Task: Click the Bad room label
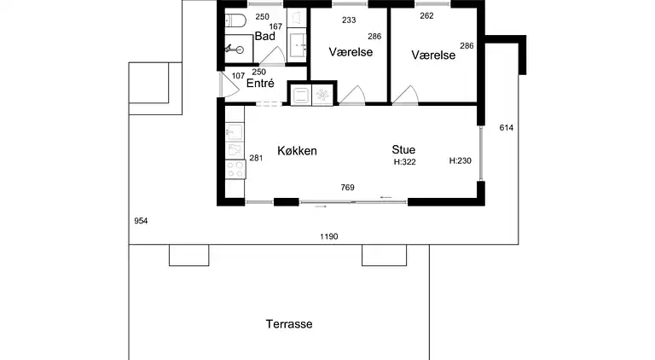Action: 264,36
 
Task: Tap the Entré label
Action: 260,84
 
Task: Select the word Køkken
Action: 297,151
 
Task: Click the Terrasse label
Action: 288,324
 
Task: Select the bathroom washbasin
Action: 298,43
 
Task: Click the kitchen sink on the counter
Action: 235,133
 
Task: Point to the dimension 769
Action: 347,188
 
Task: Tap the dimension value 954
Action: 142,221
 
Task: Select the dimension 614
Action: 506,128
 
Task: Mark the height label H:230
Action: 461,161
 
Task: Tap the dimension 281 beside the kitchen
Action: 256,158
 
